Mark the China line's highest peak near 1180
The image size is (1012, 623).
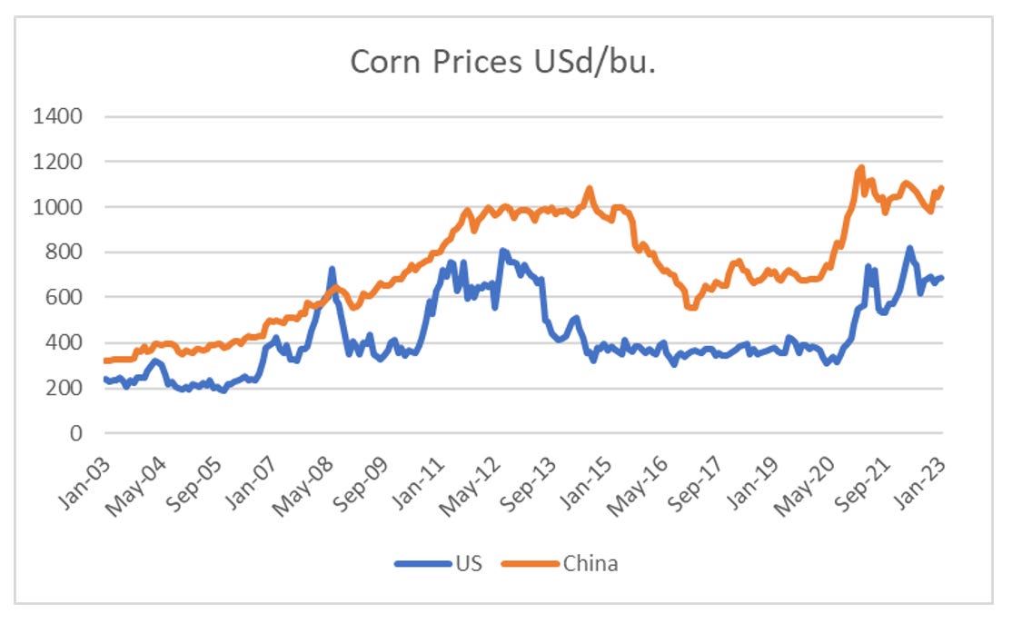click(860, 167)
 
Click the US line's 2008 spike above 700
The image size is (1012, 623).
click(332, 269)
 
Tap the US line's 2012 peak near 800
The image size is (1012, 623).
click(502, 251)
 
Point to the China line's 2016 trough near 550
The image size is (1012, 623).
click(692, 308)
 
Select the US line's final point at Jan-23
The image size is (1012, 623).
click(942, 278)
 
